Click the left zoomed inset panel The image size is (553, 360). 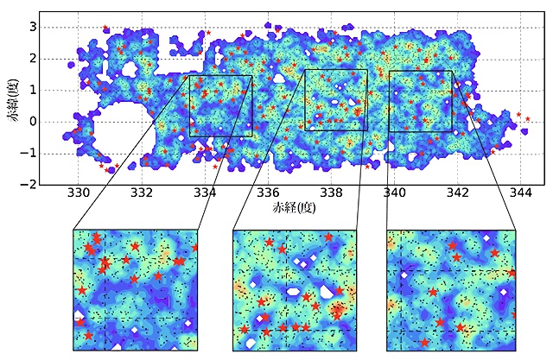click(136, 289)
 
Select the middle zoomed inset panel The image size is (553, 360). click(295, 289)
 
